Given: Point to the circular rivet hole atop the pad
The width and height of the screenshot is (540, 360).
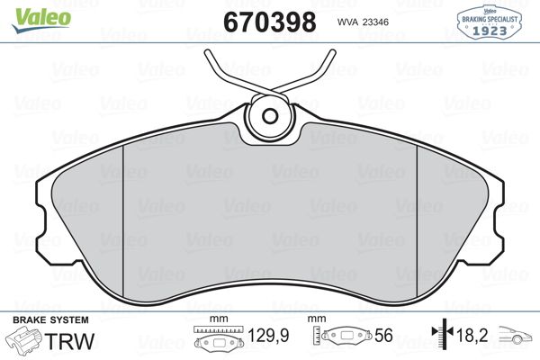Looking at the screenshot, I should [x=271, y=115].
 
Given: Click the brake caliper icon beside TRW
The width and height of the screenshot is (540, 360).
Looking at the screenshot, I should [x=24, y=340].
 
